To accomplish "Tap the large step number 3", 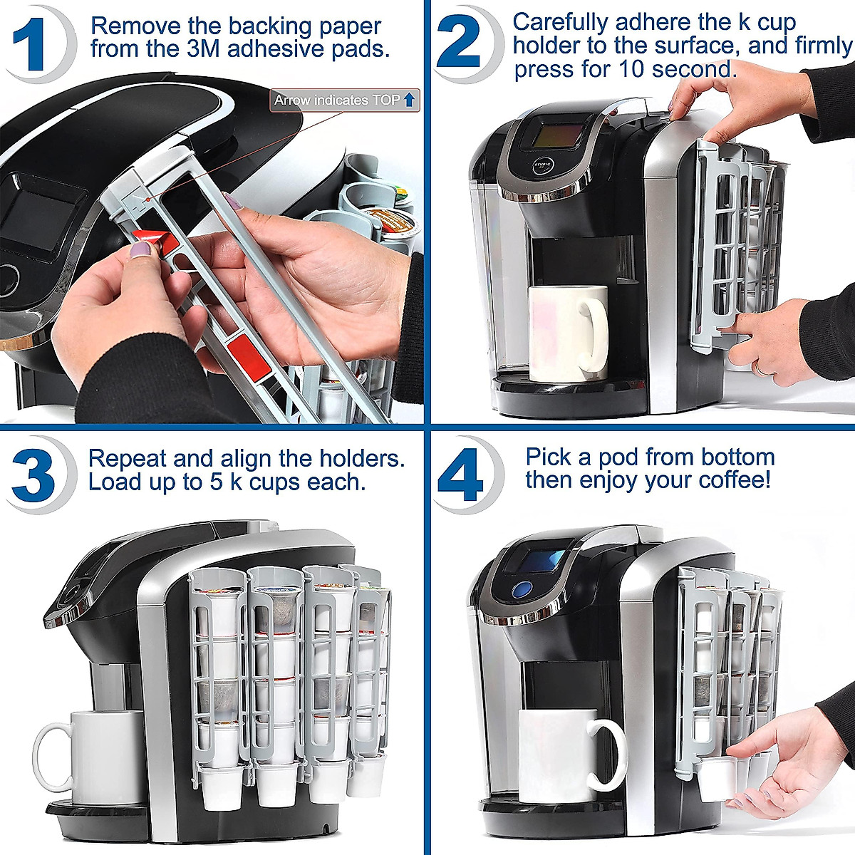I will tap(33, 474).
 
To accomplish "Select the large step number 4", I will tap(461, 474).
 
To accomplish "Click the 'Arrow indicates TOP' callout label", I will tap(345, 100).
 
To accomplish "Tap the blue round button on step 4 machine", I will tap(522, 590).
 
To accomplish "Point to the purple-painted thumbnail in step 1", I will tap(140, 249).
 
